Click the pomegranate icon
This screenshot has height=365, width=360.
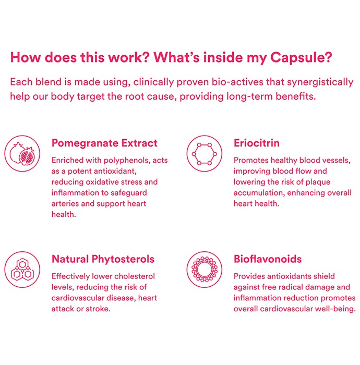(x=22, y=153)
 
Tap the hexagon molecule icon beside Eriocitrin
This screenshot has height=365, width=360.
(x=204, y=153)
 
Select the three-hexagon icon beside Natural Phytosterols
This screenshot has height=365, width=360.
(x=22, y=270)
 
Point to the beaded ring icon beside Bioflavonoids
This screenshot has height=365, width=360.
(x=204, y=270)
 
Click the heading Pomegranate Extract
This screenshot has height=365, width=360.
(x=104, y=143)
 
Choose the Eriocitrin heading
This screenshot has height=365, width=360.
(x=256, y=143)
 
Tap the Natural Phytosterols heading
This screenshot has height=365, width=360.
(x=103, y=259)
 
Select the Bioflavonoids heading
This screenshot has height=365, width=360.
(x=268, y=259)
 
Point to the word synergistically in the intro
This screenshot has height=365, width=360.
(x=320, y=82)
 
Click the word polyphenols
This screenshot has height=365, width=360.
(x=126, y=161)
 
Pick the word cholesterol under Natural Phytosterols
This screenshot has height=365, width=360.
(x=135, y=276)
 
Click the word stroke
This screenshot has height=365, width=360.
(x=98, y=309)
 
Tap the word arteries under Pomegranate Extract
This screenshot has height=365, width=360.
(x=65, y=204)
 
